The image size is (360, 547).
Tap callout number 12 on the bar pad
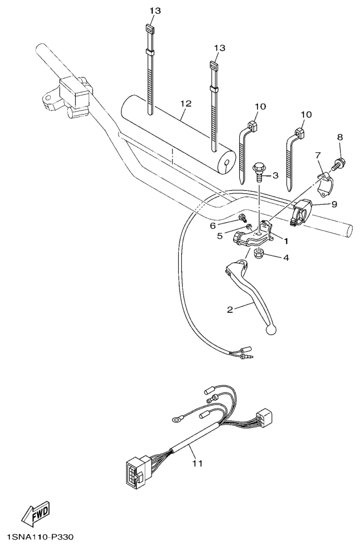point(186,103)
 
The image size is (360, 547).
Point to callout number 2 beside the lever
point(230,309)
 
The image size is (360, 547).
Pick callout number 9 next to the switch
point(334,204)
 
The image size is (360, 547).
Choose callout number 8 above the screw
point(340,137)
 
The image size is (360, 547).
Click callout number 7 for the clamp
point(317,154)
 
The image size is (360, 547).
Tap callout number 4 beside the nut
point(286,258)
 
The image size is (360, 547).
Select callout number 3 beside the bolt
point(275,175)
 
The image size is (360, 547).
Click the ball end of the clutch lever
point(271,329)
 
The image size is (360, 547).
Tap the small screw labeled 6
point(242,219)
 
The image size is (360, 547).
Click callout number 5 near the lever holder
point(220,236)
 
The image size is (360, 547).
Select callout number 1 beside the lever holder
point(286,240)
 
